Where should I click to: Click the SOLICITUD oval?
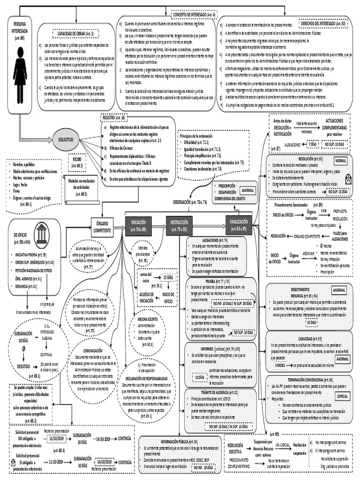pos(66,140)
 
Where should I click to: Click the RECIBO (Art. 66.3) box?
pos(77,162)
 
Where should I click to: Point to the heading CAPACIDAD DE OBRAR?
pos(75,34)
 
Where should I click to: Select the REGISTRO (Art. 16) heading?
pos(113,118)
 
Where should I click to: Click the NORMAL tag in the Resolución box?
pos(341,160)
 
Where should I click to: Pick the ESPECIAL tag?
pos(343,396)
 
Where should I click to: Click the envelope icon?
pos(348,179)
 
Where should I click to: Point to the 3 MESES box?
pos(280,364)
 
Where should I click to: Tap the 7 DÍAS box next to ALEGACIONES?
pos(312,146)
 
